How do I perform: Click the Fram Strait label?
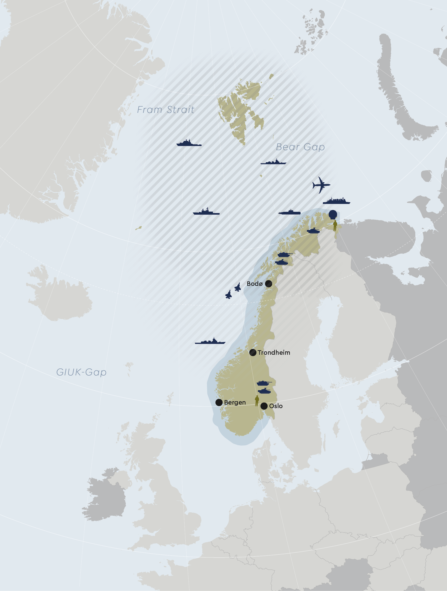coord(166,109)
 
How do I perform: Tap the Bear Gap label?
coord(300,147)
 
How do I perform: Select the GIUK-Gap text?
coord(81,372)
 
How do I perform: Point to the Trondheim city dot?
coord(253,352)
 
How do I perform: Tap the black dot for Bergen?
coord(219,402)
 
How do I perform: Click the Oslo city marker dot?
coord(264,406)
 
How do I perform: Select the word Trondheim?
coord(274,352)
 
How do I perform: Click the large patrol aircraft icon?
coord(321,185)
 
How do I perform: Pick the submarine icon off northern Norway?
coord(290,212)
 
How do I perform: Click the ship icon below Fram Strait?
coord(189,143)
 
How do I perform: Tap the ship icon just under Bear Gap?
coord(273,162)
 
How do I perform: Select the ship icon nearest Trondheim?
coord(210,341)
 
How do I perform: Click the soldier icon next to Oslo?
coord(257,401)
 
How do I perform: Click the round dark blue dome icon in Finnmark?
coord(333,214)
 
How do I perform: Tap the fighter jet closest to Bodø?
coord(237,287)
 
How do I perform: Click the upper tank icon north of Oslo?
coord(264,383)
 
